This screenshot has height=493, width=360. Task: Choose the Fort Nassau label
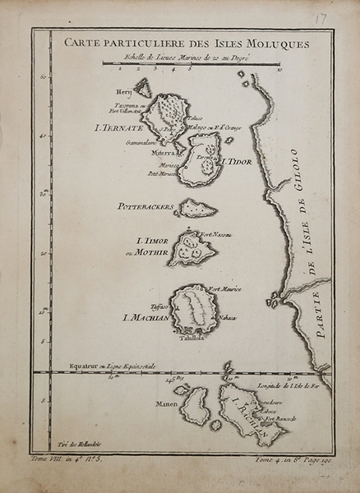pyautogui.click(x=215, y=235)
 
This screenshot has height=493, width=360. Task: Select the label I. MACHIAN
pyautogui.click(x=144, y=318)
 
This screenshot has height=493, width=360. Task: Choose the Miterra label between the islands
pyautogui.click(x=160, y=152)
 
